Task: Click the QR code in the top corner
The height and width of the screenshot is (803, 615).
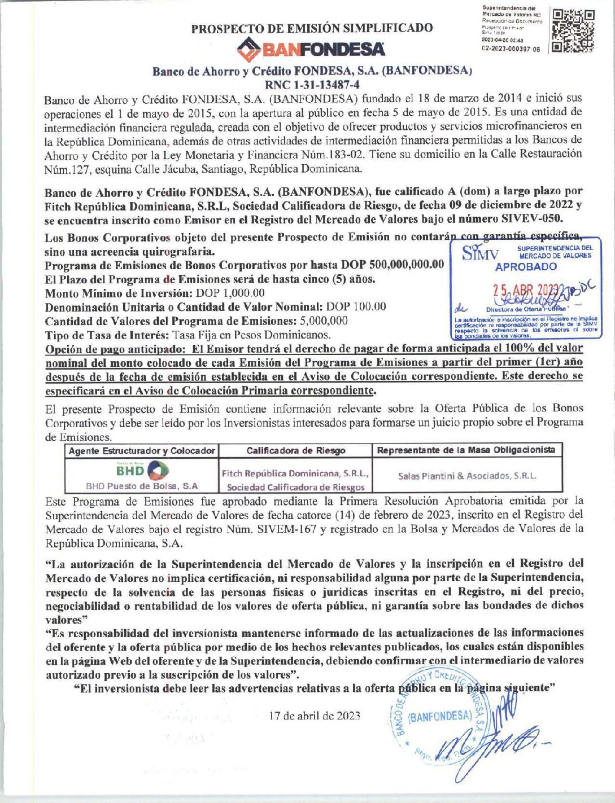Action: coord(573,31)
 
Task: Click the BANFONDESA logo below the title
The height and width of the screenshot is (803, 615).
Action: coord(311,50)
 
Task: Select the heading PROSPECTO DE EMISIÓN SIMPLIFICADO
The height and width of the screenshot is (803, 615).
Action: coord(312,28)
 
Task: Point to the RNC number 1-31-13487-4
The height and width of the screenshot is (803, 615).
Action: coord(312,85)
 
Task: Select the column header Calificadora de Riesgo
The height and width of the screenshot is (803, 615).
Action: coord(296,450)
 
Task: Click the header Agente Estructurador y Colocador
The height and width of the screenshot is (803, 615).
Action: coord(142,450)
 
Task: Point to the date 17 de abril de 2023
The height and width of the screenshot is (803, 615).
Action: coord(315,716)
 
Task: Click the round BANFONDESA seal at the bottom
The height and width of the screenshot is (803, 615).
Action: coord(438,716)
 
